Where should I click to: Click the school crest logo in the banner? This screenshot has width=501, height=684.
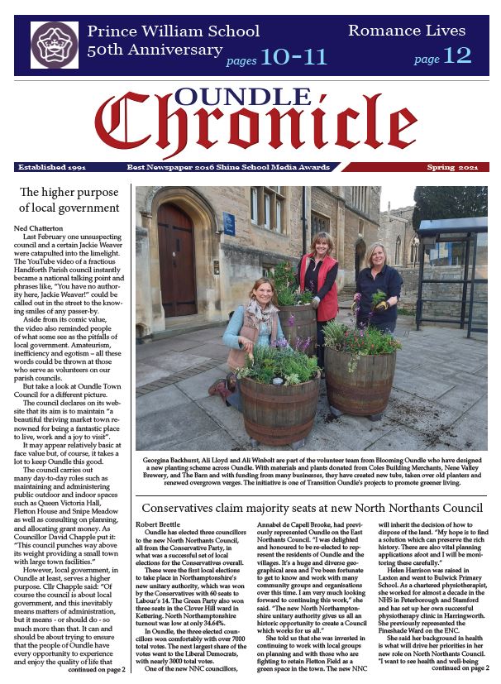coord(54,45)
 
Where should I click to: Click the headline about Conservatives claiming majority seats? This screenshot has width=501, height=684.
coord(313,506)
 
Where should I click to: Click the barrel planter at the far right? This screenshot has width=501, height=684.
coord(360,378)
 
